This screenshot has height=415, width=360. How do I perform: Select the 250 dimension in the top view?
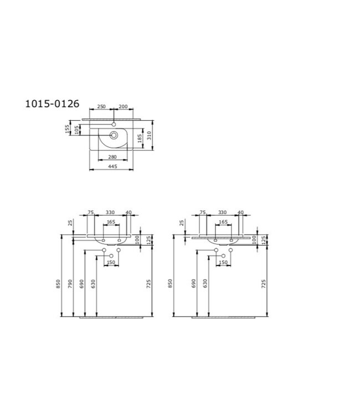[101, 106]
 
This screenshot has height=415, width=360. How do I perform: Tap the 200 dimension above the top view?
[123, 106]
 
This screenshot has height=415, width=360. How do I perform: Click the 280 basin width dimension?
[112, 158]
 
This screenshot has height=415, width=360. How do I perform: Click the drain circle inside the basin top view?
[114, 134]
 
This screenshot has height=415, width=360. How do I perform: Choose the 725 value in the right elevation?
[263, 283]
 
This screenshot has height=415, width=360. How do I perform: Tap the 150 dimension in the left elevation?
[111, 262]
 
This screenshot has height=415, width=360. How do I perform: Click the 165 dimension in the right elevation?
[223, 222]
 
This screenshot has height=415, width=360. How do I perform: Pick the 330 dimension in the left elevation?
[111, 212]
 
